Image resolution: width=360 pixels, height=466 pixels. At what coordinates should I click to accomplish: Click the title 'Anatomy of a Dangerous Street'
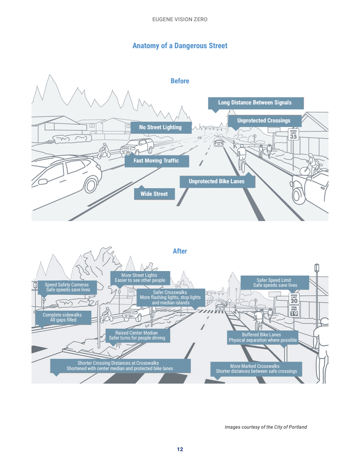tap(180, 46)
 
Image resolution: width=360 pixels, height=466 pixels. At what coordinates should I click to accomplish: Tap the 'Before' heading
tap(180, 81)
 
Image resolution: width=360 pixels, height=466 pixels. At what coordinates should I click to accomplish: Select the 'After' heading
tap(180, 251)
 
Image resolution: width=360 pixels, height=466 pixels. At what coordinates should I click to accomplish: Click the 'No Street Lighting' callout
tap(160, 127)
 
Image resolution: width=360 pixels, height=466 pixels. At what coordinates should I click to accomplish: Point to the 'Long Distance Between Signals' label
tap(255, 103)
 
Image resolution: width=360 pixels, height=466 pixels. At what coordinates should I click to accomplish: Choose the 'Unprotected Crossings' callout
tap(263, 121)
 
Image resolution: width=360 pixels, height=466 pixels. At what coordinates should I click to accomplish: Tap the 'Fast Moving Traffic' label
tap(156, 161)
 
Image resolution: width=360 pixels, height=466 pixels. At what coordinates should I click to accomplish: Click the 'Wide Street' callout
tap(154, 194)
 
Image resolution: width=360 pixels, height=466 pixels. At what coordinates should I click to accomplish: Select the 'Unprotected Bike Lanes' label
tap(216, 181)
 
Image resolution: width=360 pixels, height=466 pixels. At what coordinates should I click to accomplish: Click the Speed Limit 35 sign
tap(293, 135)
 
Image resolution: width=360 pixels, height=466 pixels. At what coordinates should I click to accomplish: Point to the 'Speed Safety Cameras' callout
tap(67, 287)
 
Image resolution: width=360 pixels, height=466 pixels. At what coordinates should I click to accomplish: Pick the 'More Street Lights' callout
tap(139, 278)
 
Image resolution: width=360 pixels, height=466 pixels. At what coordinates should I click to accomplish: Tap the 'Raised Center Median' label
tap(137, 335)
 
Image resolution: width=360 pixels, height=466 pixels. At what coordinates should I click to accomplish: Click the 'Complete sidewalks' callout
tap(63, 317)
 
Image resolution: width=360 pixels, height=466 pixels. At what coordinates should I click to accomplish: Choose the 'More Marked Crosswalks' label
tap(256, 369)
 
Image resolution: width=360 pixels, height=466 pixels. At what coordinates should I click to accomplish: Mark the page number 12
tap(180, 449)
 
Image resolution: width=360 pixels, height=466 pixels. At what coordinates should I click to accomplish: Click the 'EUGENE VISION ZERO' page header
tap(180, 20)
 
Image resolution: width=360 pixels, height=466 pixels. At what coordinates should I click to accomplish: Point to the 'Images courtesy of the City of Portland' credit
tap(265, 427)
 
